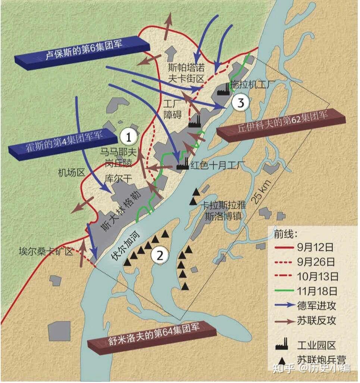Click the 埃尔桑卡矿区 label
tap(46, 251)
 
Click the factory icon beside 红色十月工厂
tap(182, 164)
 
